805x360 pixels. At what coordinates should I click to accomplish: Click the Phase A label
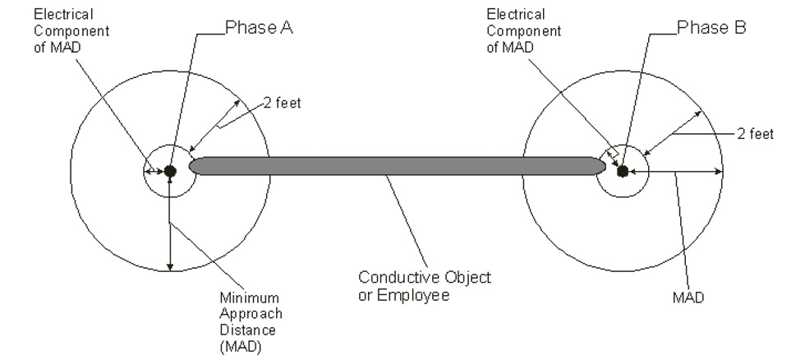tap(259, 28)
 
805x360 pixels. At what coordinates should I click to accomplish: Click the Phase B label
tap(711, 28)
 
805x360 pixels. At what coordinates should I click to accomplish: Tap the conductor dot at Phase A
tap(170, 171)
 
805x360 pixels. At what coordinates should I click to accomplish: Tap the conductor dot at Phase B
tap(622, 171)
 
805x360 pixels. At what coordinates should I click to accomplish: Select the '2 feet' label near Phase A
tap(283, 104)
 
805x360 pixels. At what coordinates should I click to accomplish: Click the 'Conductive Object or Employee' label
tap(425, 286)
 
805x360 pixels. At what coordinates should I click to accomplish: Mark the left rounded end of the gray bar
tap(195, 165)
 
